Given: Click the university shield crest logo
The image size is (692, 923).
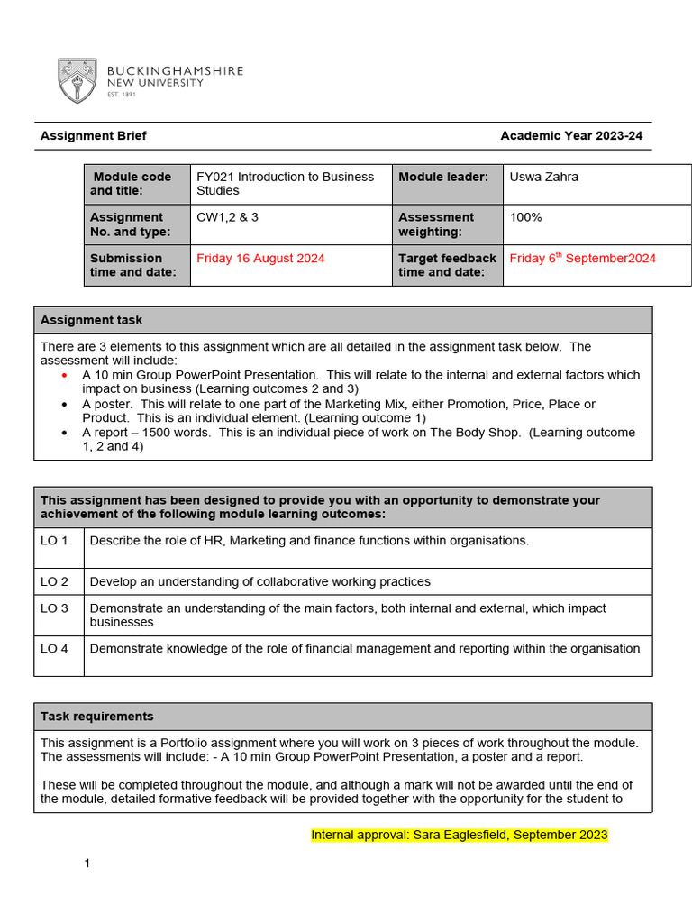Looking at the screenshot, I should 77,80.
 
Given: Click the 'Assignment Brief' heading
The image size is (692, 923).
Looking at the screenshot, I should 93,136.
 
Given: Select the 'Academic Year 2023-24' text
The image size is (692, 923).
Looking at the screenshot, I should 571,136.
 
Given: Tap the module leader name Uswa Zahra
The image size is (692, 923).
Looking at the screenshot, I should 543,177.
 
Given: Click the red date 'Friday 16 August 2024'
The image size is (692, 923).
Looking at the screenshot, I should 260,259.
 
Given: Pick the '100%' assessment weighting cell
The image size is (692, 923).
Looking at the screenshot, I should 525,217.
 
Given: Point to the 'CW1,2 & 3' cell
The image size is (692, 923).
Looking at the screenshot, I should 228,217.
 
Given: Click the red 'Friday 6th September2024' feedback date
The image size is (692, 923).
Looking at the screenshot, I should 582,259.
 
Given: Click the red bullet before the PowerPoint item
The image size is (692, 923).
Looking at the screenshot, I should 64,375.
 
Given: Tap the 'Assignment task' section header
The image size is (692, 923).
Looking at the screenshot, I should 91,320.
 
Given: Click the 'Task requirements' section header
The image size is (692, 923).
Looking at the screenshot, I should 97,717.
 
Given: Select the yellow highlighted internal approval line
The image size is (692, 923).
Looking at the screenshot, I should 459,835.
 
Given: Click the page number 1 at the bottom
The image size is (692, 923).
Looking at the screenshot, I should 87,864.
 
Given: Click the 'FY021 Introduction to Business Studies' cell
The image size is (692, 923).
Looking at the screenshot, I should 285,184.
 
